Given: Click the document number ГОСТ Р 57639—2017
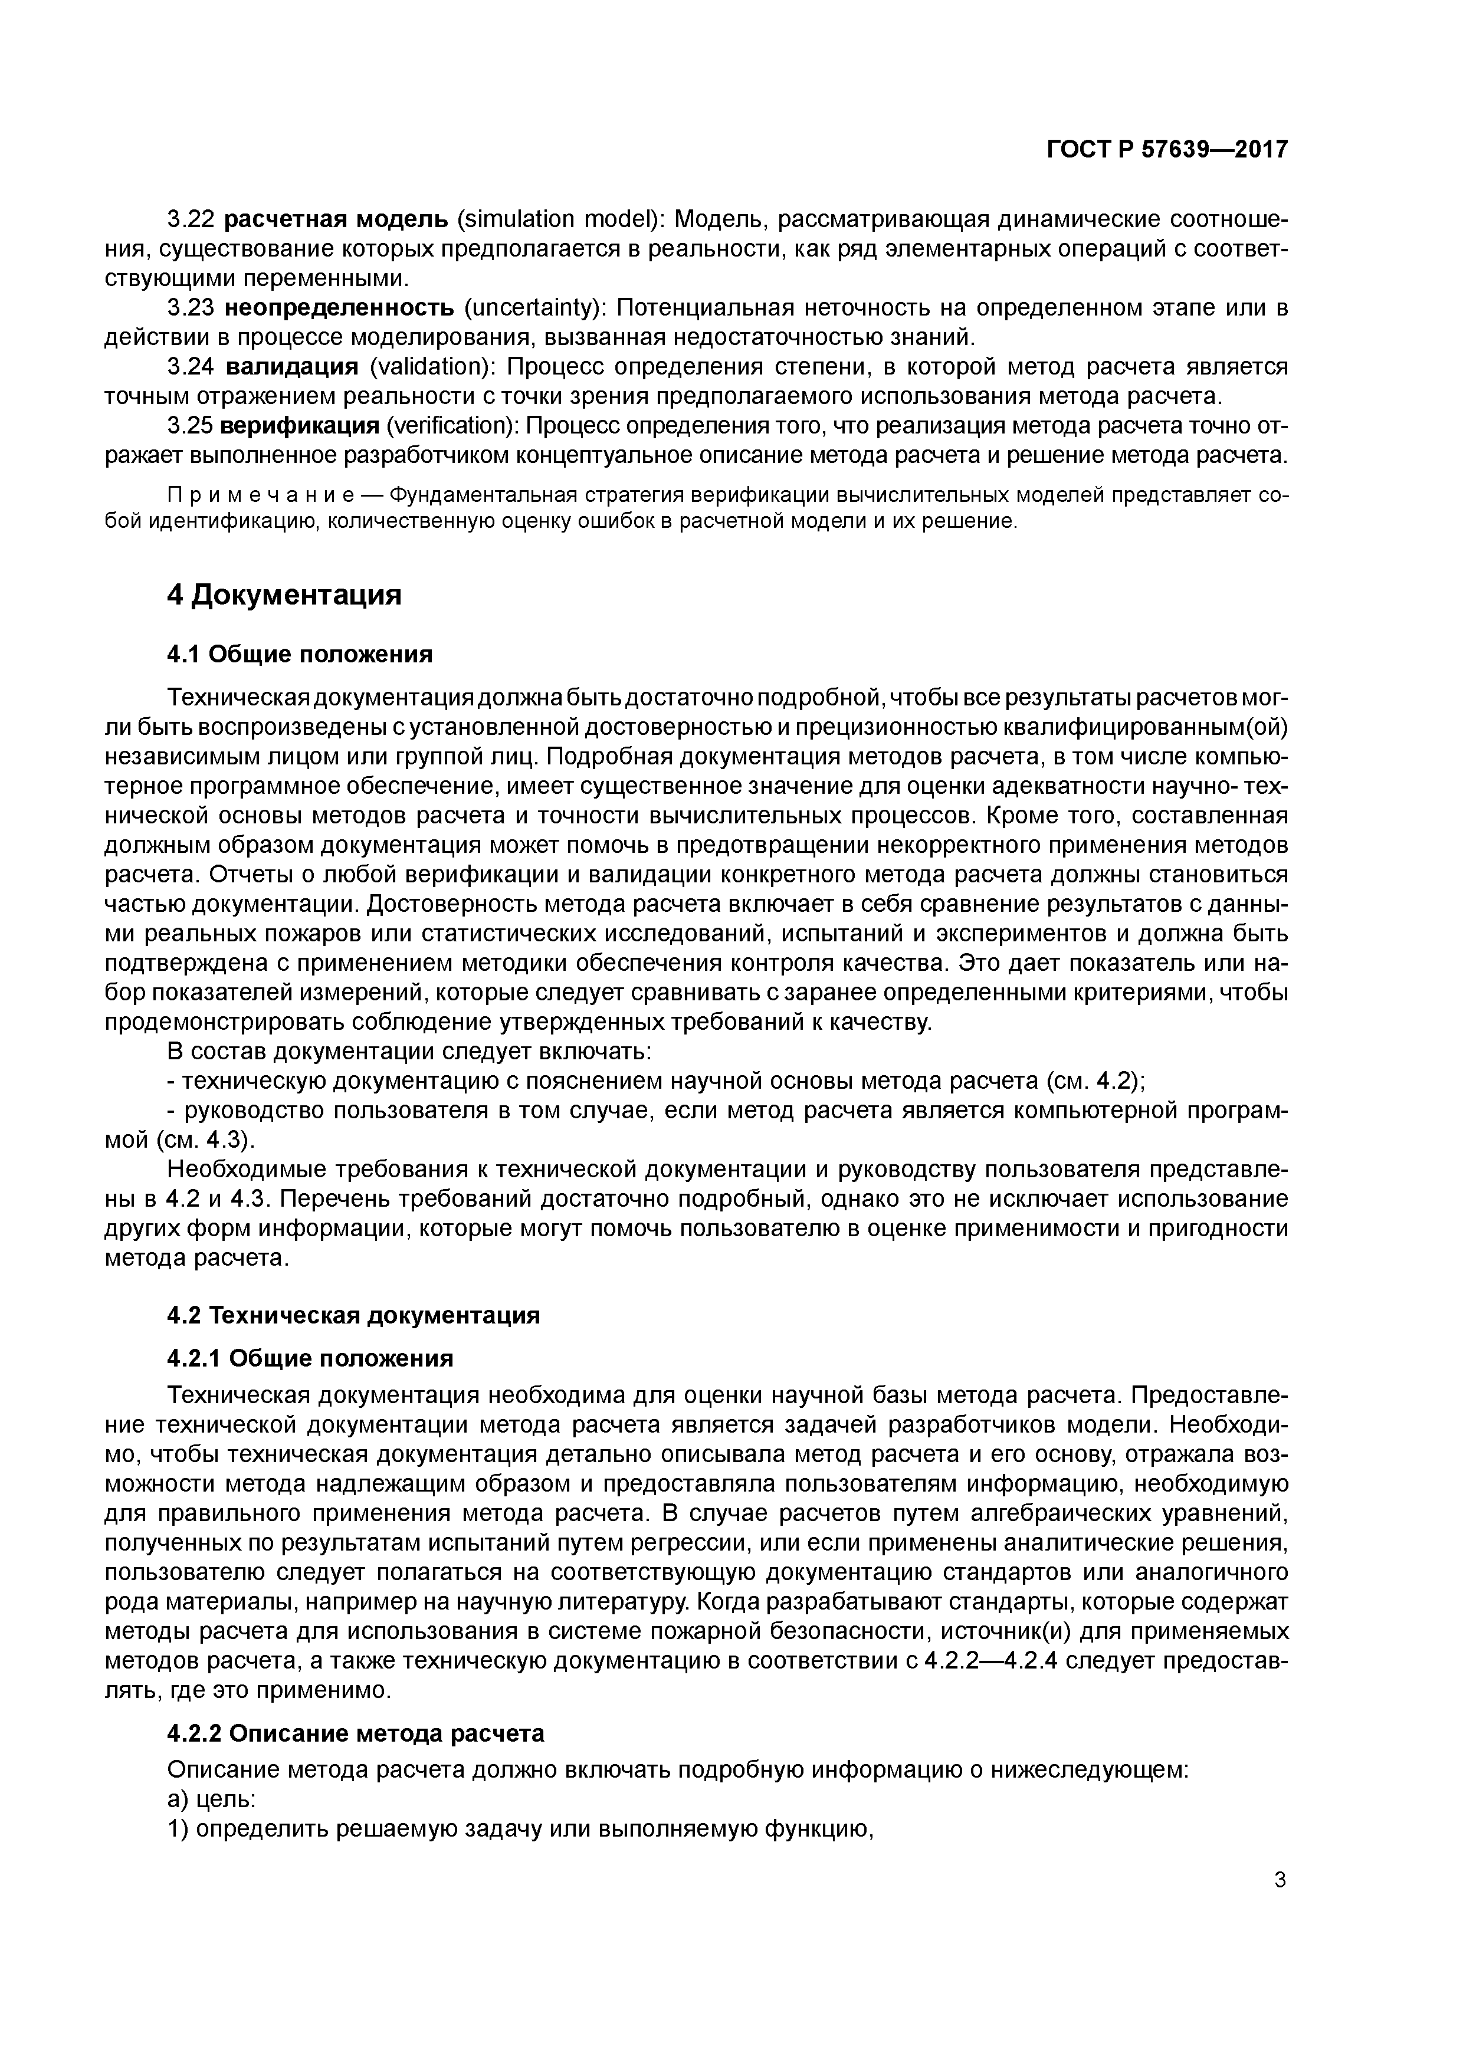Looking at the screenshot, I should pos(1166,149).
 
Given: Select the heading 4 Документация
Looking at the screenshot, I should pos(284,595).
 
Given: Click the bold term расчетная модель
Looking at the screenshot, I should pos(335,219).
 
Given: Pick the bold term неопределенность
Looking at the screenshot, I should pos(339,308).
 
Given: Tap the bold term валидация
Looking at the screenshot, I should pos(291,367).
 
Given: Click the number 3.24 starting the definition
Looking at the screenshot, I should pos(190,367).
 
